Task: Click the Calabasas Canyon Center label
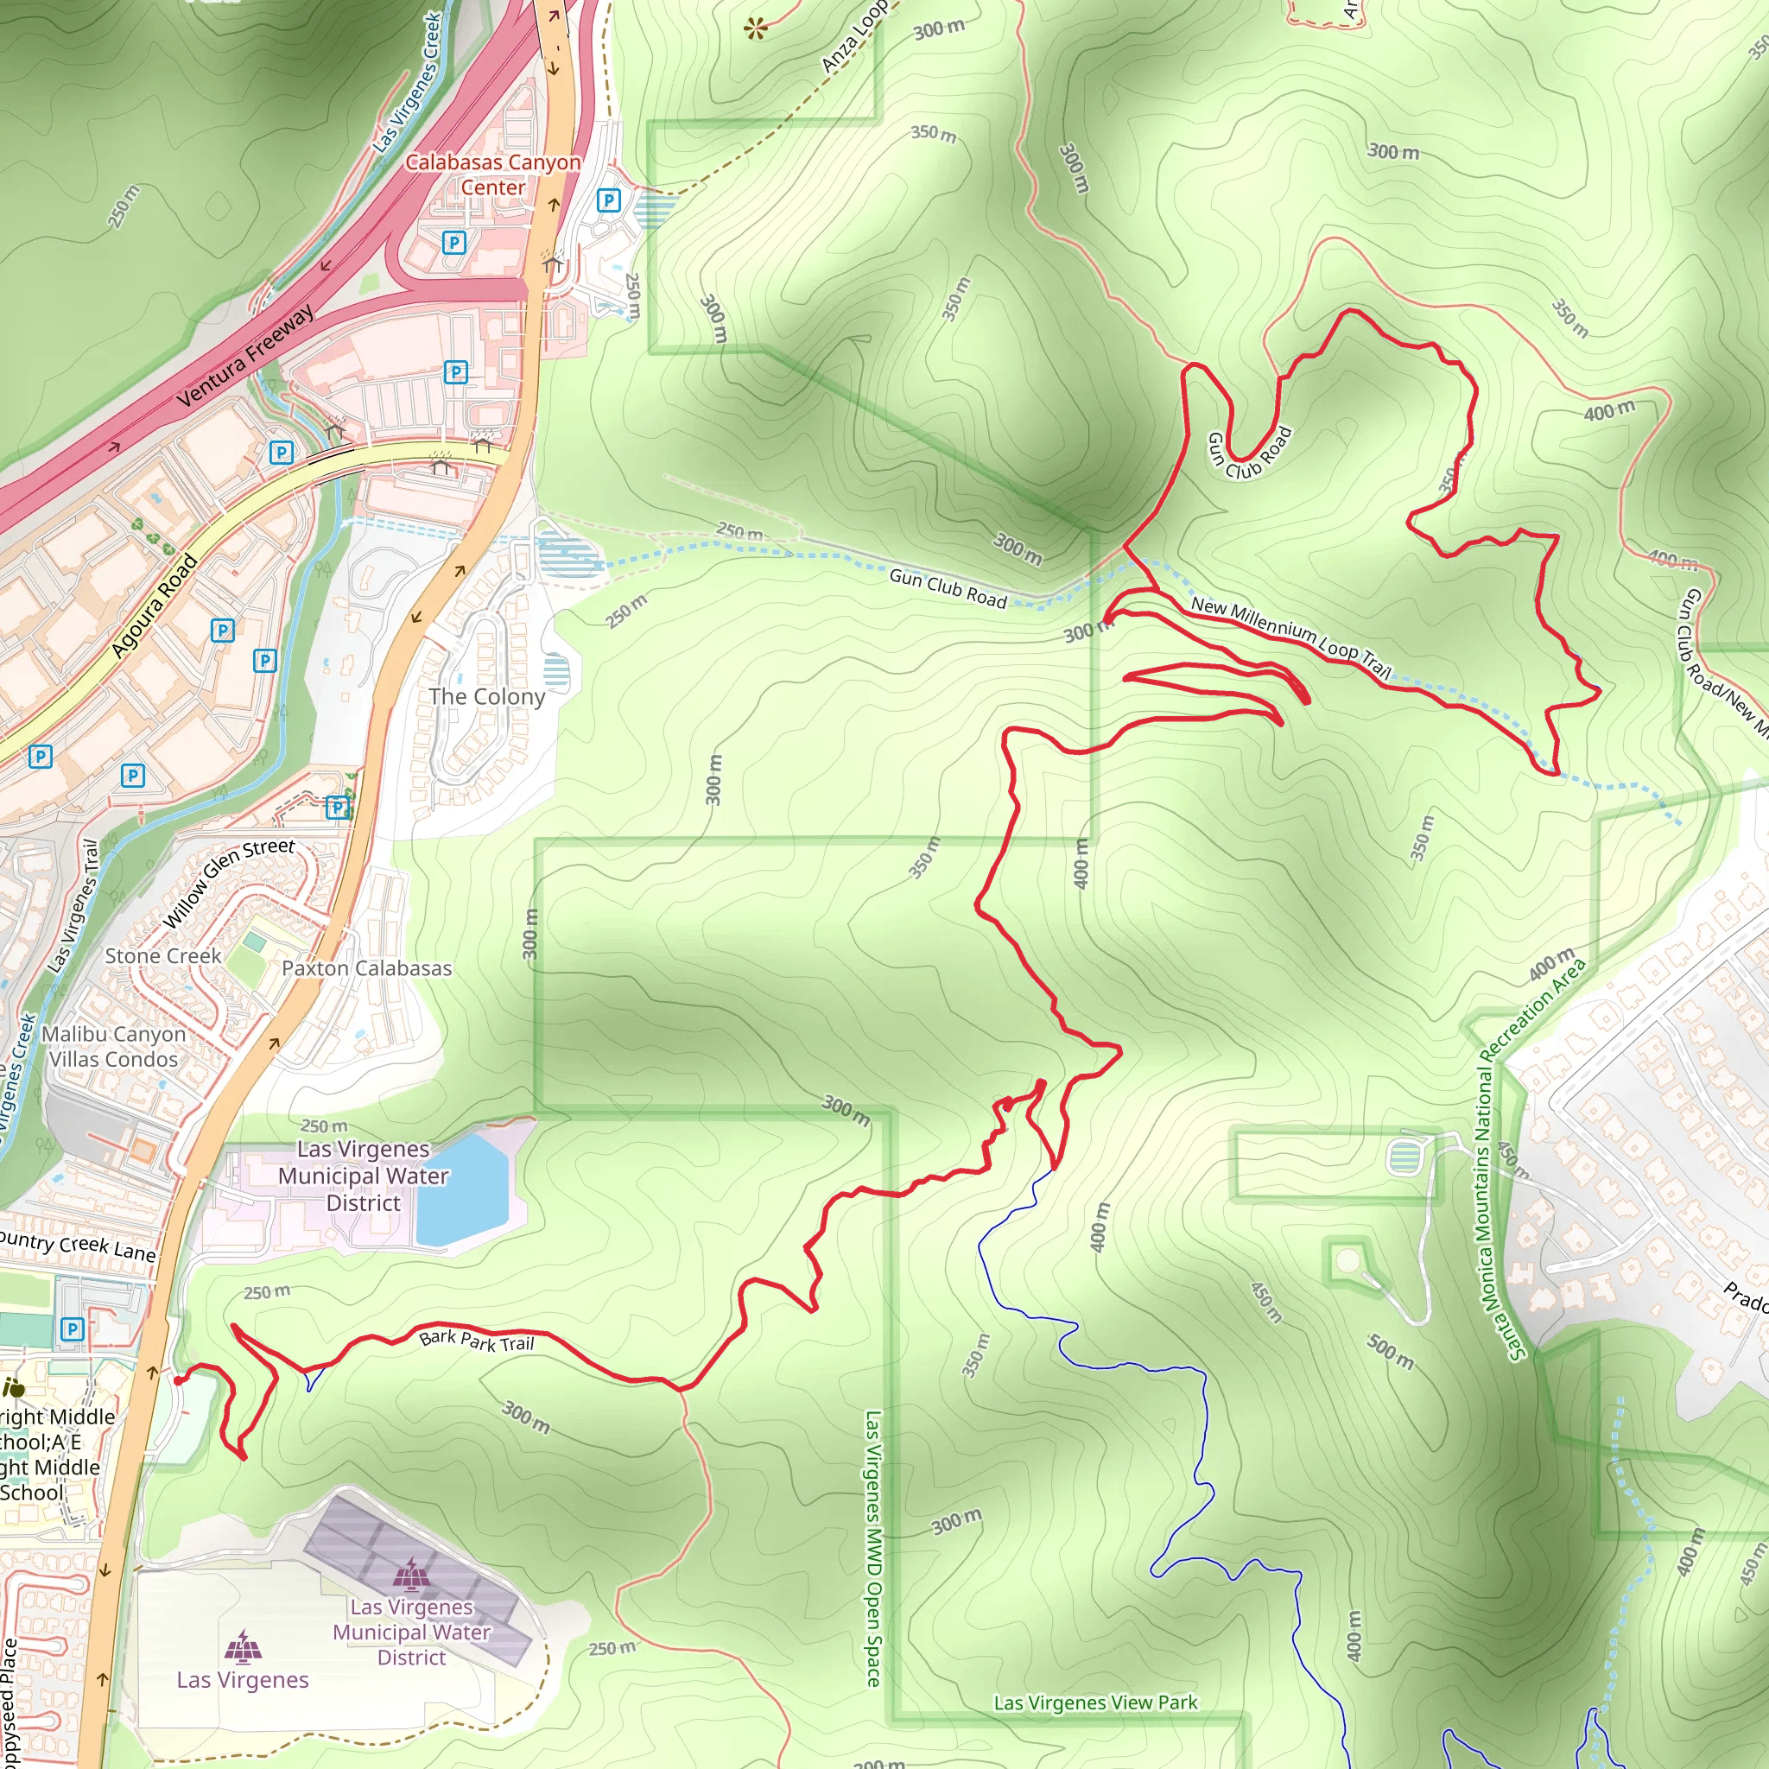click(492, 174)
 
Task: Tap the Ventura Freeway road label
click(244, 356)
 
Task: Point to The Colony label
click(486, 697)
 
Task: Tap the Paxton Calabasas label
click(366, 967)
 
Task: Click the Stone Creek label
click(163, 956)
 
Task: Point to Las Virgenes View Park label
click(1095, 1702)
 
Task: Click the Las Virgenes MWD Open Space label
click(872, 1547)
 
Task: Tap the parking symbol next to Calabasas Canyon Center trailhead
click(608, 200)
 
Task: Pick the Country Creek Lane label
click(77, 1246)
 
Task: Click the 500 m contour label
click(1390, 1352)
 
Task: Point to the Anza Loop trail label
click(853, 36)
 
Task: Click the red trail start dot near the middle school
click(178, 1379)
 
